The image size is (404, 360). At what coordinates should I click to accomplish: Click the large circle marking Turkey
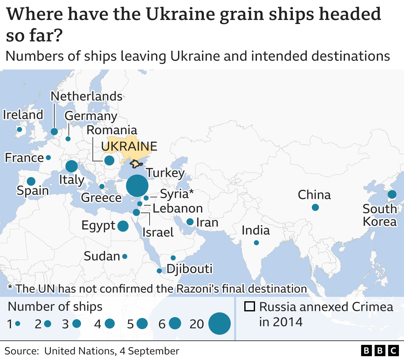[137, 186]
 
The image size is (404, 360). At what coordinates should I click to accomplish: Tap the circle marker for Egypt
[123, 226]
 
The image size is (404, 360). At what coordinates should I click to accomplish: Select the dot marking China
[315, 207]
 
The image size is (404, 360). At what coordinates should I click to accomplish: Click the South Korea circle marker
[392, 194]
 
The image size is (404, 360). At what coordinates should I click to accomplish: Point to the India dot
[256, 243]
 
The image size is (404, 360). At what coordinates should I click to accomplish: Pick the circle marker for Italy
[71, 166]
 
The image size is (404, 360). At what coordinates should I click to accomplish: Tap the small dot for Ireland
[19, 129]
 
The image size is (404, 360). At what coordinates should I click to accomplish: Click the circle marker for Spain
[31, 181]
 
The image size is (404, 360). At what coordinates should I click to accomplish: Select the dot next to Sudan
[125, 256]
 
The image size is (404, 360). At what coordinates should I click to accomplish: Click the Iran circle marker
[190, 222]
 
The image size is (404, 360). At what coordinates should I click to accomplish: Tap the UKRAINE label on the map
[129, 147]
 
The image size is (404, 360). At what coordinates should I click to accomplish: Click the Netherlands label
[86, 96]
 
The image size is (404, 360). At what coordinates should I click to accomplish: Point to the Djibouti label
[189, 269]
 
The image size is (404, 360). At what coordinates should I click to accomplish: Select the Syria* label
[177, 194]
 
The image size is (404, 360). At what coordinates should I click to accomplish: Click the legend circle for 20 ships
[219, 323]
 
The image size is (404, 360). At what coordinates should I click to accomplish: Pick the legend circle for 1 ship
[18, 323]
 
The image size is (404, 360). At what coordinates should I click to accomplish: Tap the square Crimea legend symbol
[249, 307]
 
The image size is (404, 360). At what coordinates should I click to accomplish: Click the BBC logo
[380, 351]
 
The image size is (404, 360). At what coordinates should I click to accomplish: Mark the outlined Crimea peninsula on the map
[136, 164]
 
